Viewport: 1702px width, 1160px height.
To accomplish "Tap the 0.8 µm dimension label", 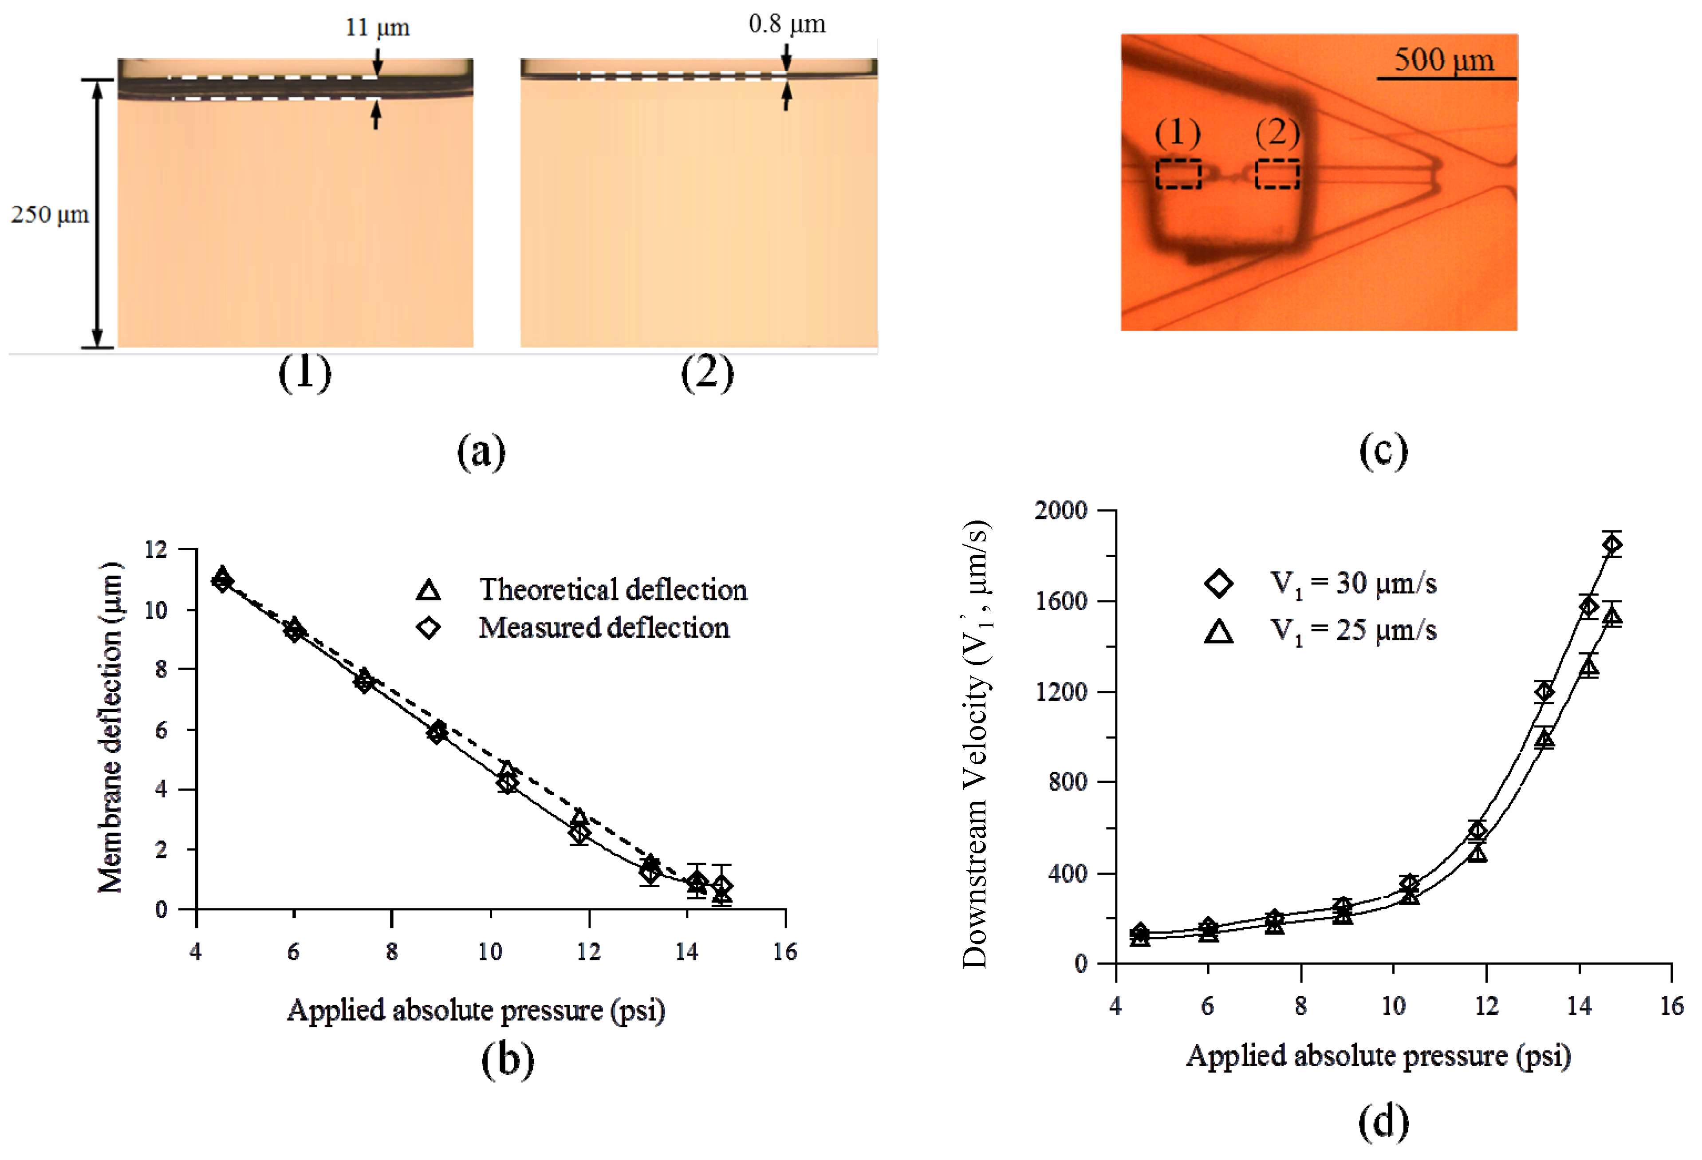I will pos(787,24).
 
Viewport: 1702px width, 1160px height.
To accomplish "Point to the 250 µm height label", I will pos(49,215).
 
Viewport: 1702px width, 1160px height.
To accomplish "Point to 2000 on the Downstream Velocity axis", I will pos(1060,510).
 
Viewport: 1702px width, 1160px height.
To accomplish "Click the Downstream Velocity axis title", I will pos(976,743).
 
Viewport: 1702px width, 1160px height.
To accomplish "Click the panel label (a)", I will pos(481,451).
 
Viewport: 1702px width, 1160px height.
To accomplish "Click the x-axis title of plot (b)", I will pos(476,1010).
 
